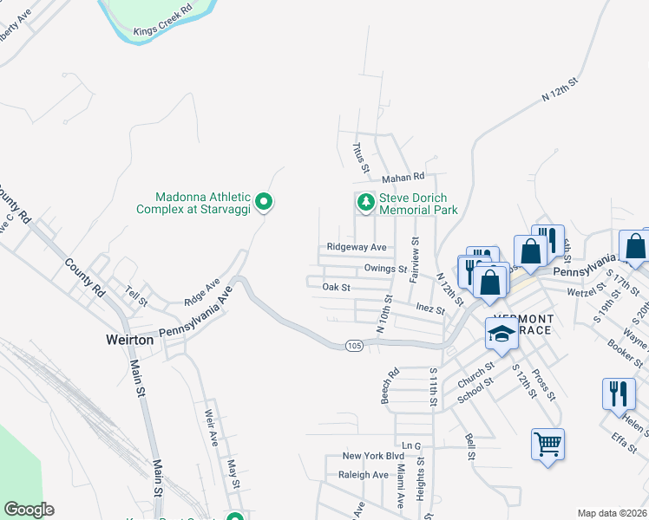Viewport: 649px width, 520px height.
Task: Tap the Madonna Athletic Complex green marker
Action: (x=267, y=203)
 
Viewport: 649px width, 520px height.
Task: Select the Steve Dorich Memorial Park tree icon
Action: (x=366, y=203)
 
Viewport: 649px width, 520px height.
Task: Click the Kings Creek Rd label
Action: (x=162, y=28)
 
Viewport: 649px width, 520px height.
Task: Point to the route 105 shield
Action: (x=353, y=346)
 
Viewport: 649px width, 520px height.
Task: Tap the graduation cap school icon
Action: (x=501, y=334)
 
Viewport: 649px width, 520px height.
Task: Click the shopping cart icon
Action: (x=547, y=445)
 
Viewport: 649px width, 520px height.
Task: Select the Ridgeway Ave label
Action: (x=356, y=247)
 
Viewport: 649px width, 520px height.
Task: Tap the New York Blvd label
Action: (x=373, y=456)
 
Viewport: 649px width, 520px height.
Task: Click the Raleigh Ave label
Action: (x=363, y=475)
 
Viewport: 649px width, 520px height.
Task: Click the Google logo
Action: (x=29, y=510)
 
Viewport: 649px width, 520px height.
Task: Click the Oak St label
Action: (x=335, y=287)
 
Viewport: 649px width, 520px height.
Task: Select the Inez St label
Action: (x=429, y=309)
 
